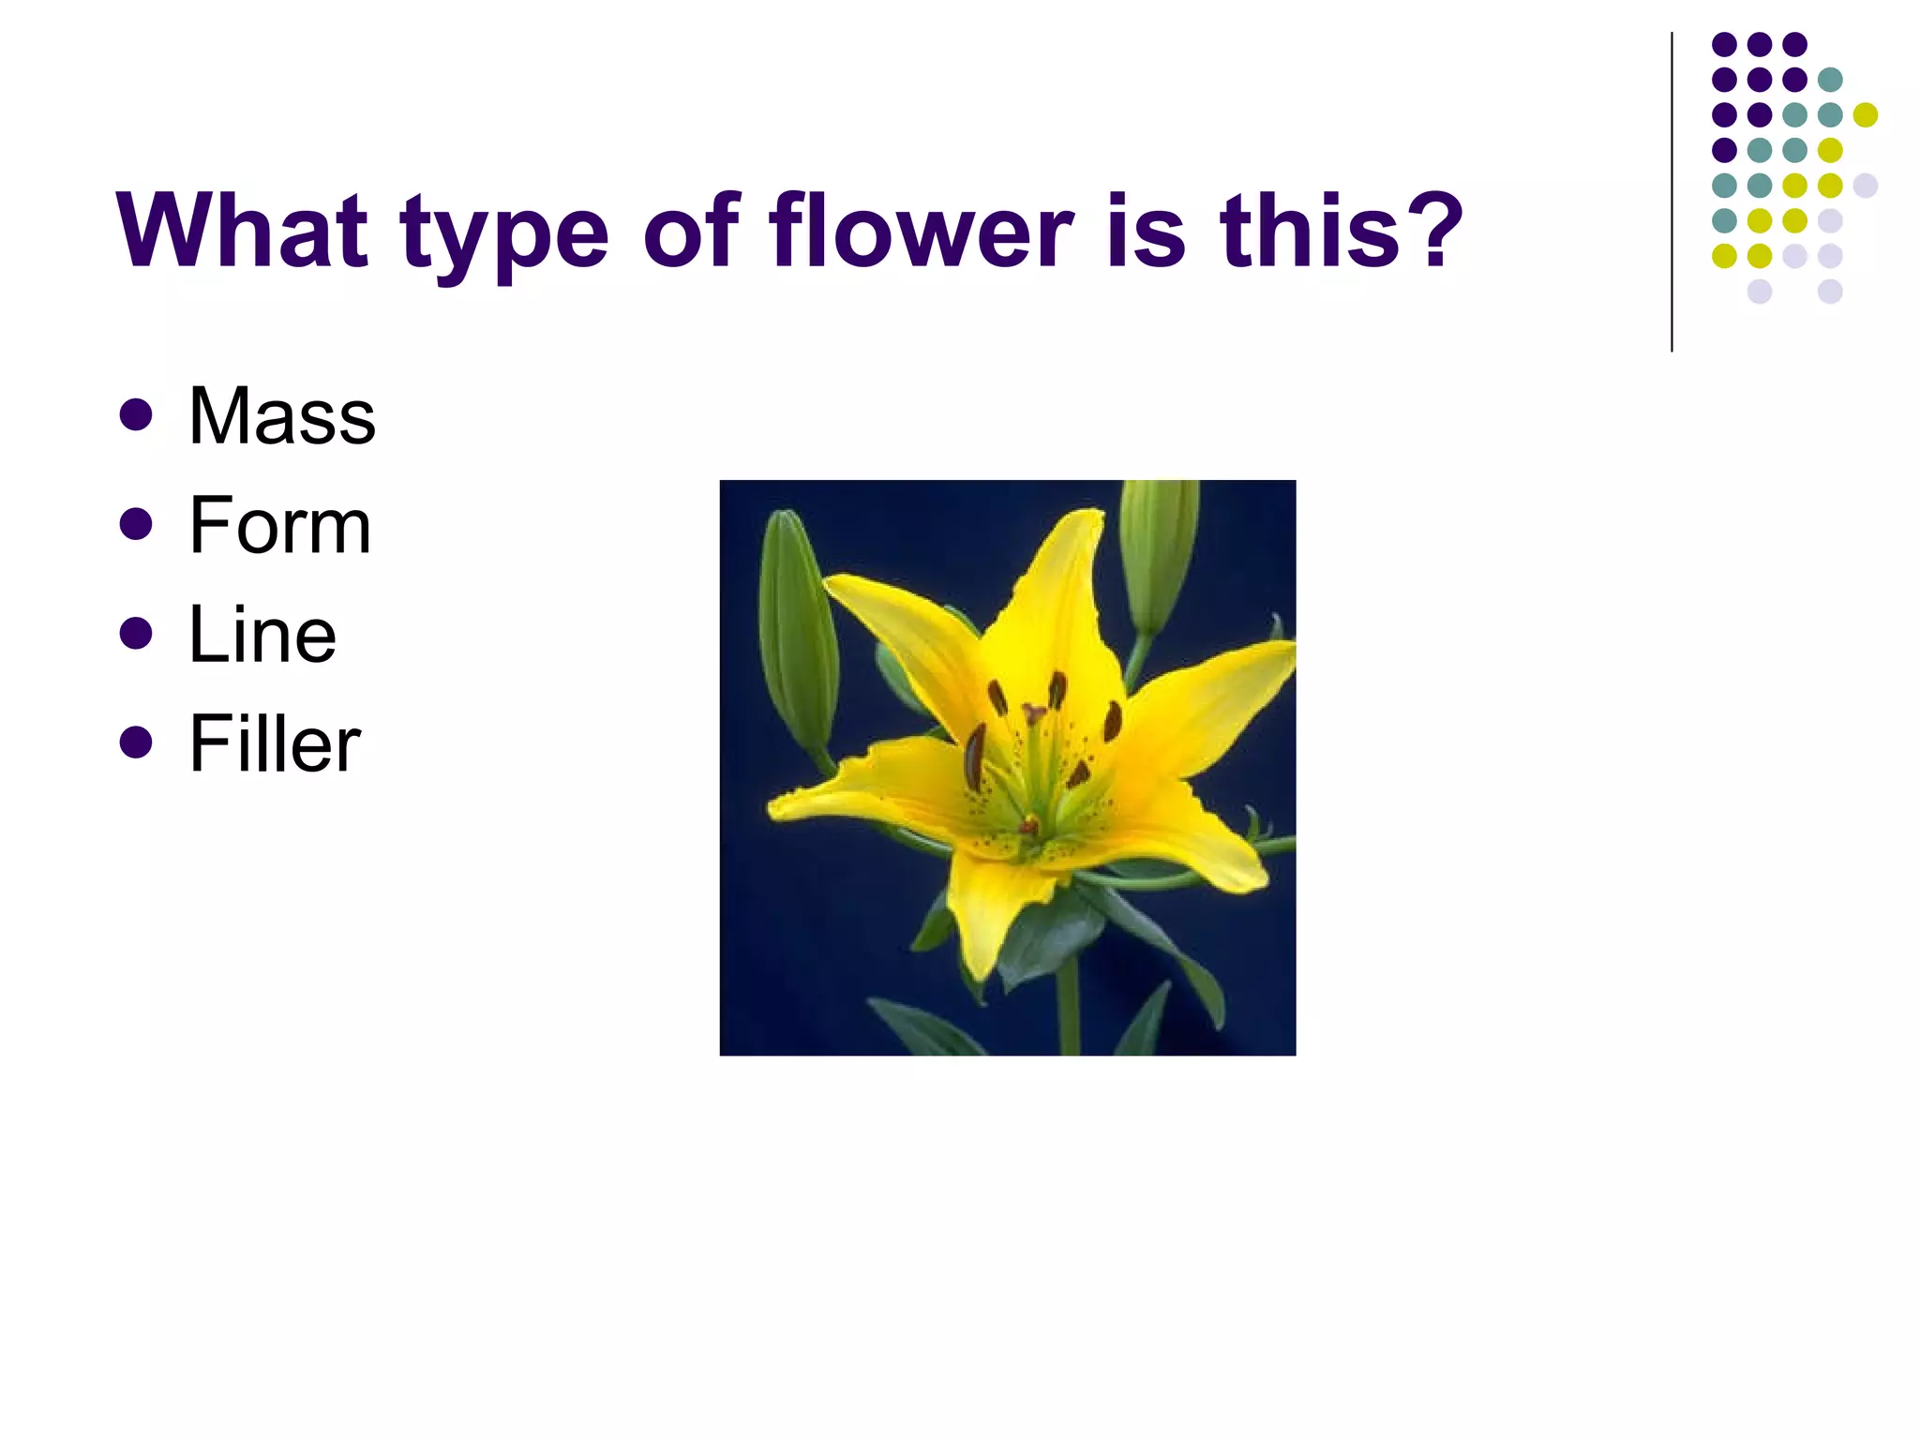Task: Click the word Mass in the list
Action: click(281, 416)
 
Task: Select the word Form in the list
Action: click(279, 526)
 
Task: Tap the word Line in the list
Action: click(262, 636)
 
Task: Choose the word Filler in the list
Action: click(274, 744)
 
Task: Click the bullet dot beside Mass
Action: click(136, 415)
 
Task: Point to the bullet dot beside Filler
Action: click(136, 742)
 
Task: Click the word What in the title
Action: click(241, 231)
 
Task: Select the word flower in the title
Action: click(920, 231)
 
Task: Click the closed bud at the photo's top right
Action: click(1158, 553)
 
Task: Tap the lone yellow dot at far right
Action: click(1866, 114)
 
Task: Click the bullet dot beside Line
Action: click(136, 633)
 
